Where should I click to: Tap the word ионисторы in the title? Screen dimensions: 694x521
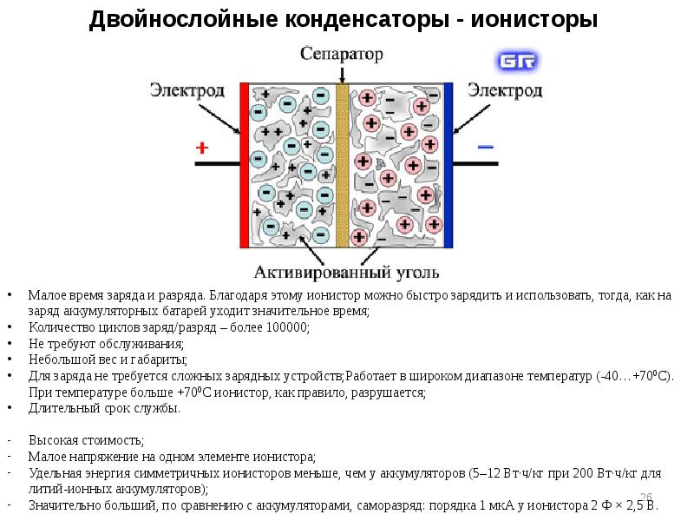pos(534,20)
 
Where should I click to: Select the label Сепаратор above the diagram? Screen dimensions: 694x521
pos(341,54)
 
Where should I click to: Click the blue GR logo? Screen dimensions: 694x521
pos(517,61)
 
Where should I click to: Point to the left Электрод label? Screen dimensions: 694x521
pos(187,90)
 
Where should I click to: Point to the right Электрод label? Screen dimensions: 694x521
pos(505,90)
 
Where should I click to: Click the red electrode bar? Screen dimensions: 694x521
pos(245,165)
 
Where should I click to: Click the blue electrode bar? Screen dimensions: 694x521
pos(448,165)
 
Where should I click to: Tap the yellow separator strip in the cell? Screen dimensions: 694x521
pos(342,165)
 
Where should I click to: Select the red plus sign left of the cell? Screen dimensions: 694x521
pos(202,148)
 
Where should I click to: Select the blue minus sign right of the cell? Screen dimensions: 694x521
pos(486,147)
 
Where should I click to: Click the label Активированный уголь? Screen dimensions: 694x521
pos(346,272)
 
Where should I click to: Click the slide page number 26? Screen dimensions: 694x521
pos(646,497)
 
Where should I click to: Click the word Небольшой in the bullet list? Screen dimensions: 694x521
pos(62,359)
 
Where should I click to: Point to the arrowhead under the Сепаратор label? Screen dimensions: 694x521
pos(342,80)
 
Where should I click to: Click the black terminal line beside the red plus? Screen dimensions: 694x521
pos(218,164)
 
